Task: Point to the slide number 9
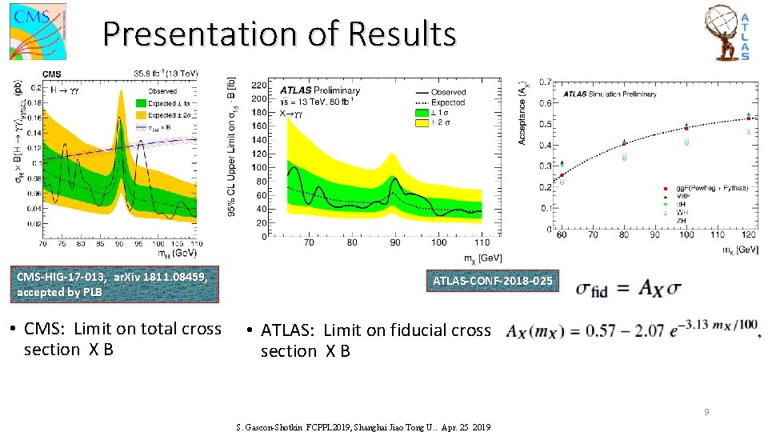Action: click(706, 412)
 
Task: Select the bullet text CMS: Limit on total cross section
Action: click(122, 339)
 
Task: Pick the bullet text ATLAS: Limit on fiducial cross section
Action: click(370, 340)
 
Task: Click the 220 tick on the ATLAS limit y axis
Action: click(259, 84)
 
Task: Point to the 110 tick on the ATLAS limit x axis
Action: click(482, 242)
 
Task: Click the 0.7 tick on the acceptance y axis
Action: click(545, 82)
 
